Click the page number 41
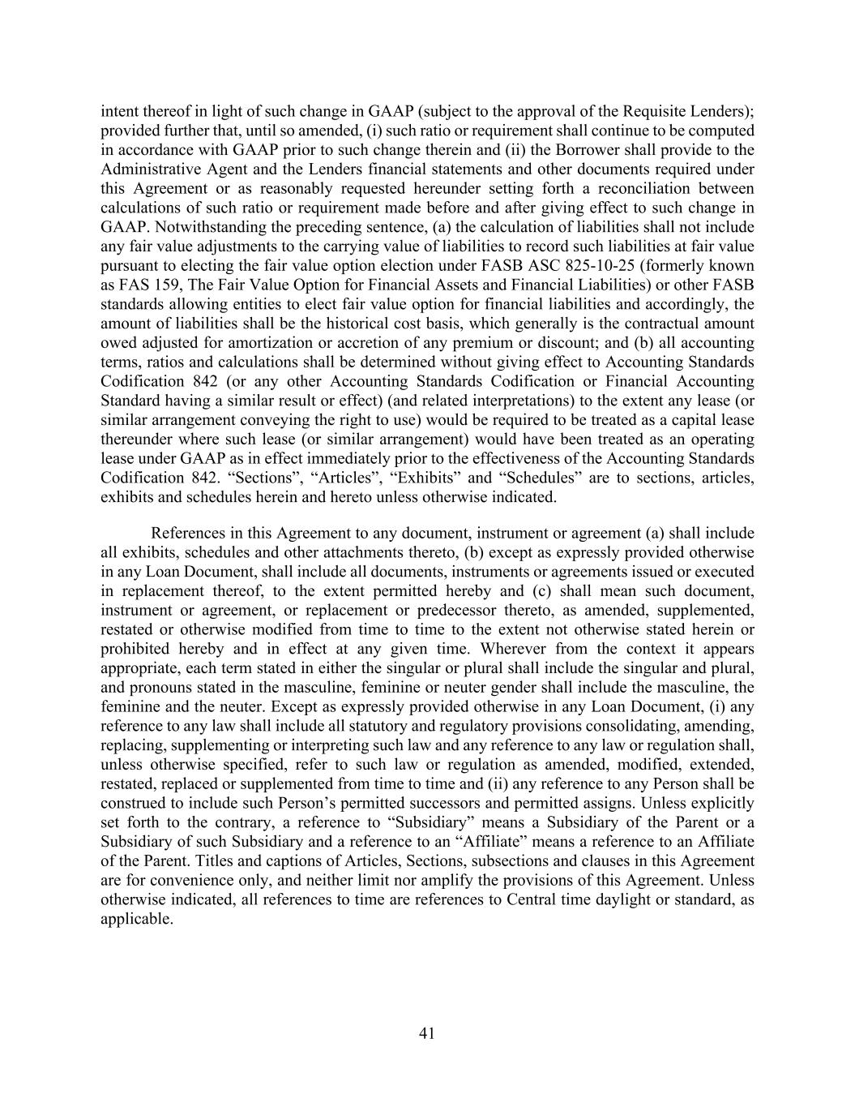point(428,1033)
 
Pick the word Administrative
point(149,169)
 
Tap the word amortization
point(289,343)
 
